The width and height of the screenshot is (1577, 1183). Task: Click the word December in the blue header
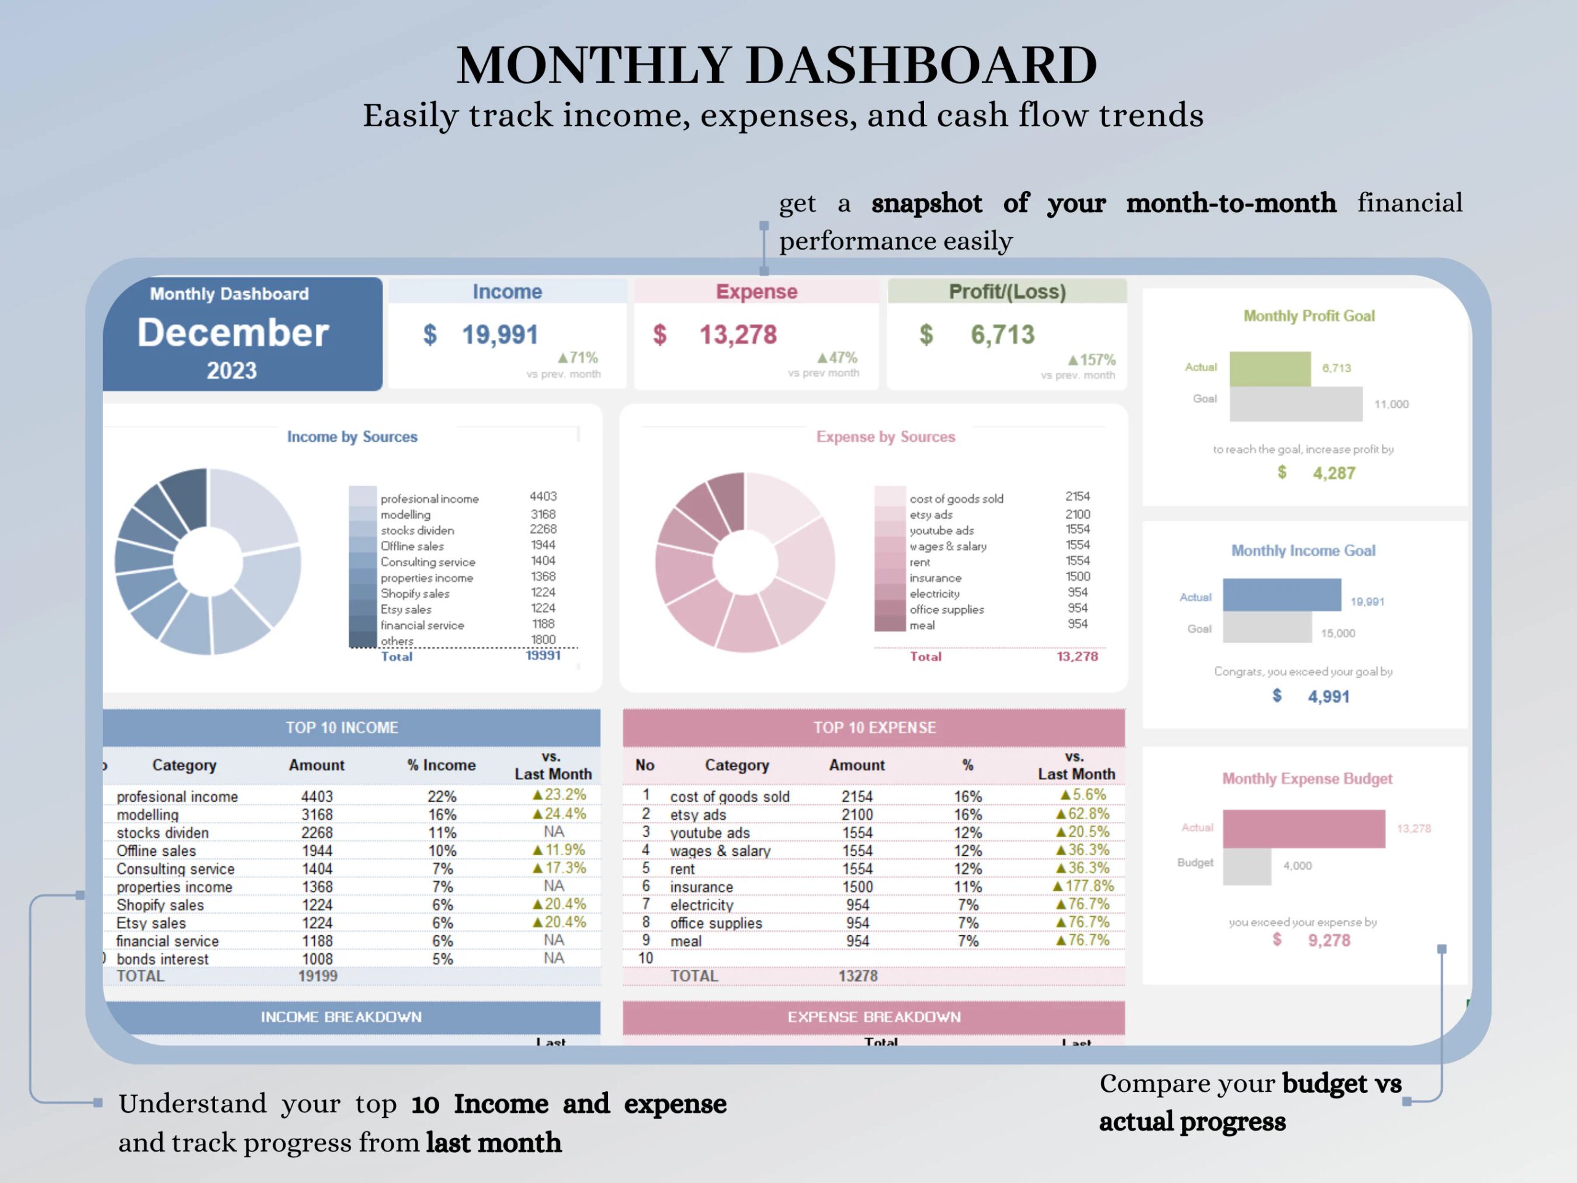[x=233, y=333]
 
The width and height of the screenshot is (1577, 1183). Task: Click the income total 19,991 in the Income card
[x=499, y=335]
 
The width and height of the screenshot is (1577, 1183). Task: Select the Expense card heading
[x=756, y=291]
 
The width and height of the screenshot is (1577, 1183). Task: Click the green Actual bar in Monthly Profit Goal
[x=1270, y=368]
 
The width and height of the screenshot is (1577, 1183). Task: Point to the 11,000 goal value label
[x=1391, y=404]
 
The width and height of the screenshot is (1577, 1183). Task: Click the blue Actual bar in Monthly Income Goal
[x=1281, y=595]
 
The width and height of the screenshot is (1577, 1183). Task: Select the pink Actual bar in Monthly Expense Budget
[x=1303, y=829]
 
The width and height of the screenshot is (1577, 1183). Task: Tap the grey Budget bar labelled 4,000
[x=1247, y=866]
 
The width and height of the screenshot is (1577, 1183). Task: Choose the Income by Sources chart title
[x=352, y=436]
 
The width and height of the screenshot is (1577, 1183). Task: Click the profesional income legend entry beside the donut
[x=429, y=499]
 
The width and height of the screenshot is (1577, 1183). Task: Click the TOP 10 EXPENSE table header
[x=874, y=727]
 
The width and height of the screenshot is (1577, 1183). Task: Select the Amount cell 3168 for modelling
[x=317, y=815]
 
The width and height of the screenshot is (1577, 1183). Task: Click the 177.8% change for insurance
[x=1083, y=887]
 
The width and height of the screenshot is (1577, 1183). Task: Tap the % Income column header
[x=441, y=765]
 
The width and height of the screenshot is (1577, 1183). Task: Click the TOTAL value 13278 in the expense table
[x=857, y=975]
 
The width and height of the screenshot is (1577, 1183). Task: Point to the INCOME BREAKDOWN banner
[x=341, y=1017]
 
